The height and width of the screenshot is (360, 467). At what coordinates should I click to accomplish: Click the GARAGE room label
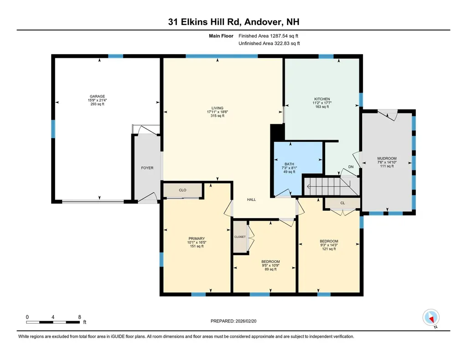(98, 97)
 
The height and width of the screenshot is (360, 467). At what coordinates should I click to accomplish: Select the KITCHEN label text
(322, 99)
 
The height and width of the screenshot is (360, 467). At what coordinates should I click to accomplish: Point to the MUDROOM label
(387, 159)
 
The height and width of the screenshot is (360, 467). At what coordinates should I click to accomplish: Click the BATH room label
(289, 164)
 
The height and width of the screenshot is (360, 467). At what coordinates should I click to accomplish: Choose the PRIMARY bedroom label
(197, 238)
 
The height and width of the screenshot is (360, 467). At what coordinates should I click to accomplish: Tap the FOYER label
(147, 168)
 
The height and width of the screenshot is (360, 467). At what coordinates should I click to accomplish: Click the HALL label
(251, 200)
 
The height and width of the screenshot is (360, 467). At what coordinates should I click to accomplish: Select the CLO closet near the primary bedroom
(182, 190)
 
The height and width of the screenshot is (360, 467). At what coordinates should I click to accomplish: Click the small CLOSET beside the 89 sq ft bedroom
(240, 237)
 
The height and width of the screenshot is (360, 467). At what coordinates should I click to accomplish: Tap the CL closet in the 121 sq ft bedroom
(342, 203)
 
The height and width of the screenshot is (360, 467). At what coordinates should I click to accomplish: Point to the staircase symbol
(327, 186)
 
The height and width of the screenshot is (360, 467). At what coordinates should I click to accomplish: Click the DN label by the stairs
(351, 167)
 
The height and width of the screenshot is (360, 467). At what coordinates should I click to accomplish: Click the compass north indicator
(431, 317)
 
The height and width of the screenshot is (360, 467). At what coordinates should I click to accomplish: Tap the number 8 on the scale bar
(79, 317)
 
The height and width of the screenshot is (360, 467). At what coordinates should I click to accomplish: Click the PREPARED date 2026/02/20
(237, 321)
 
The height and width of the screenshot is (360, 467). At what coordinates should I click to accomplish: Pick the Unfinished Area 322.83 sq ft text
(269, 43)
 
